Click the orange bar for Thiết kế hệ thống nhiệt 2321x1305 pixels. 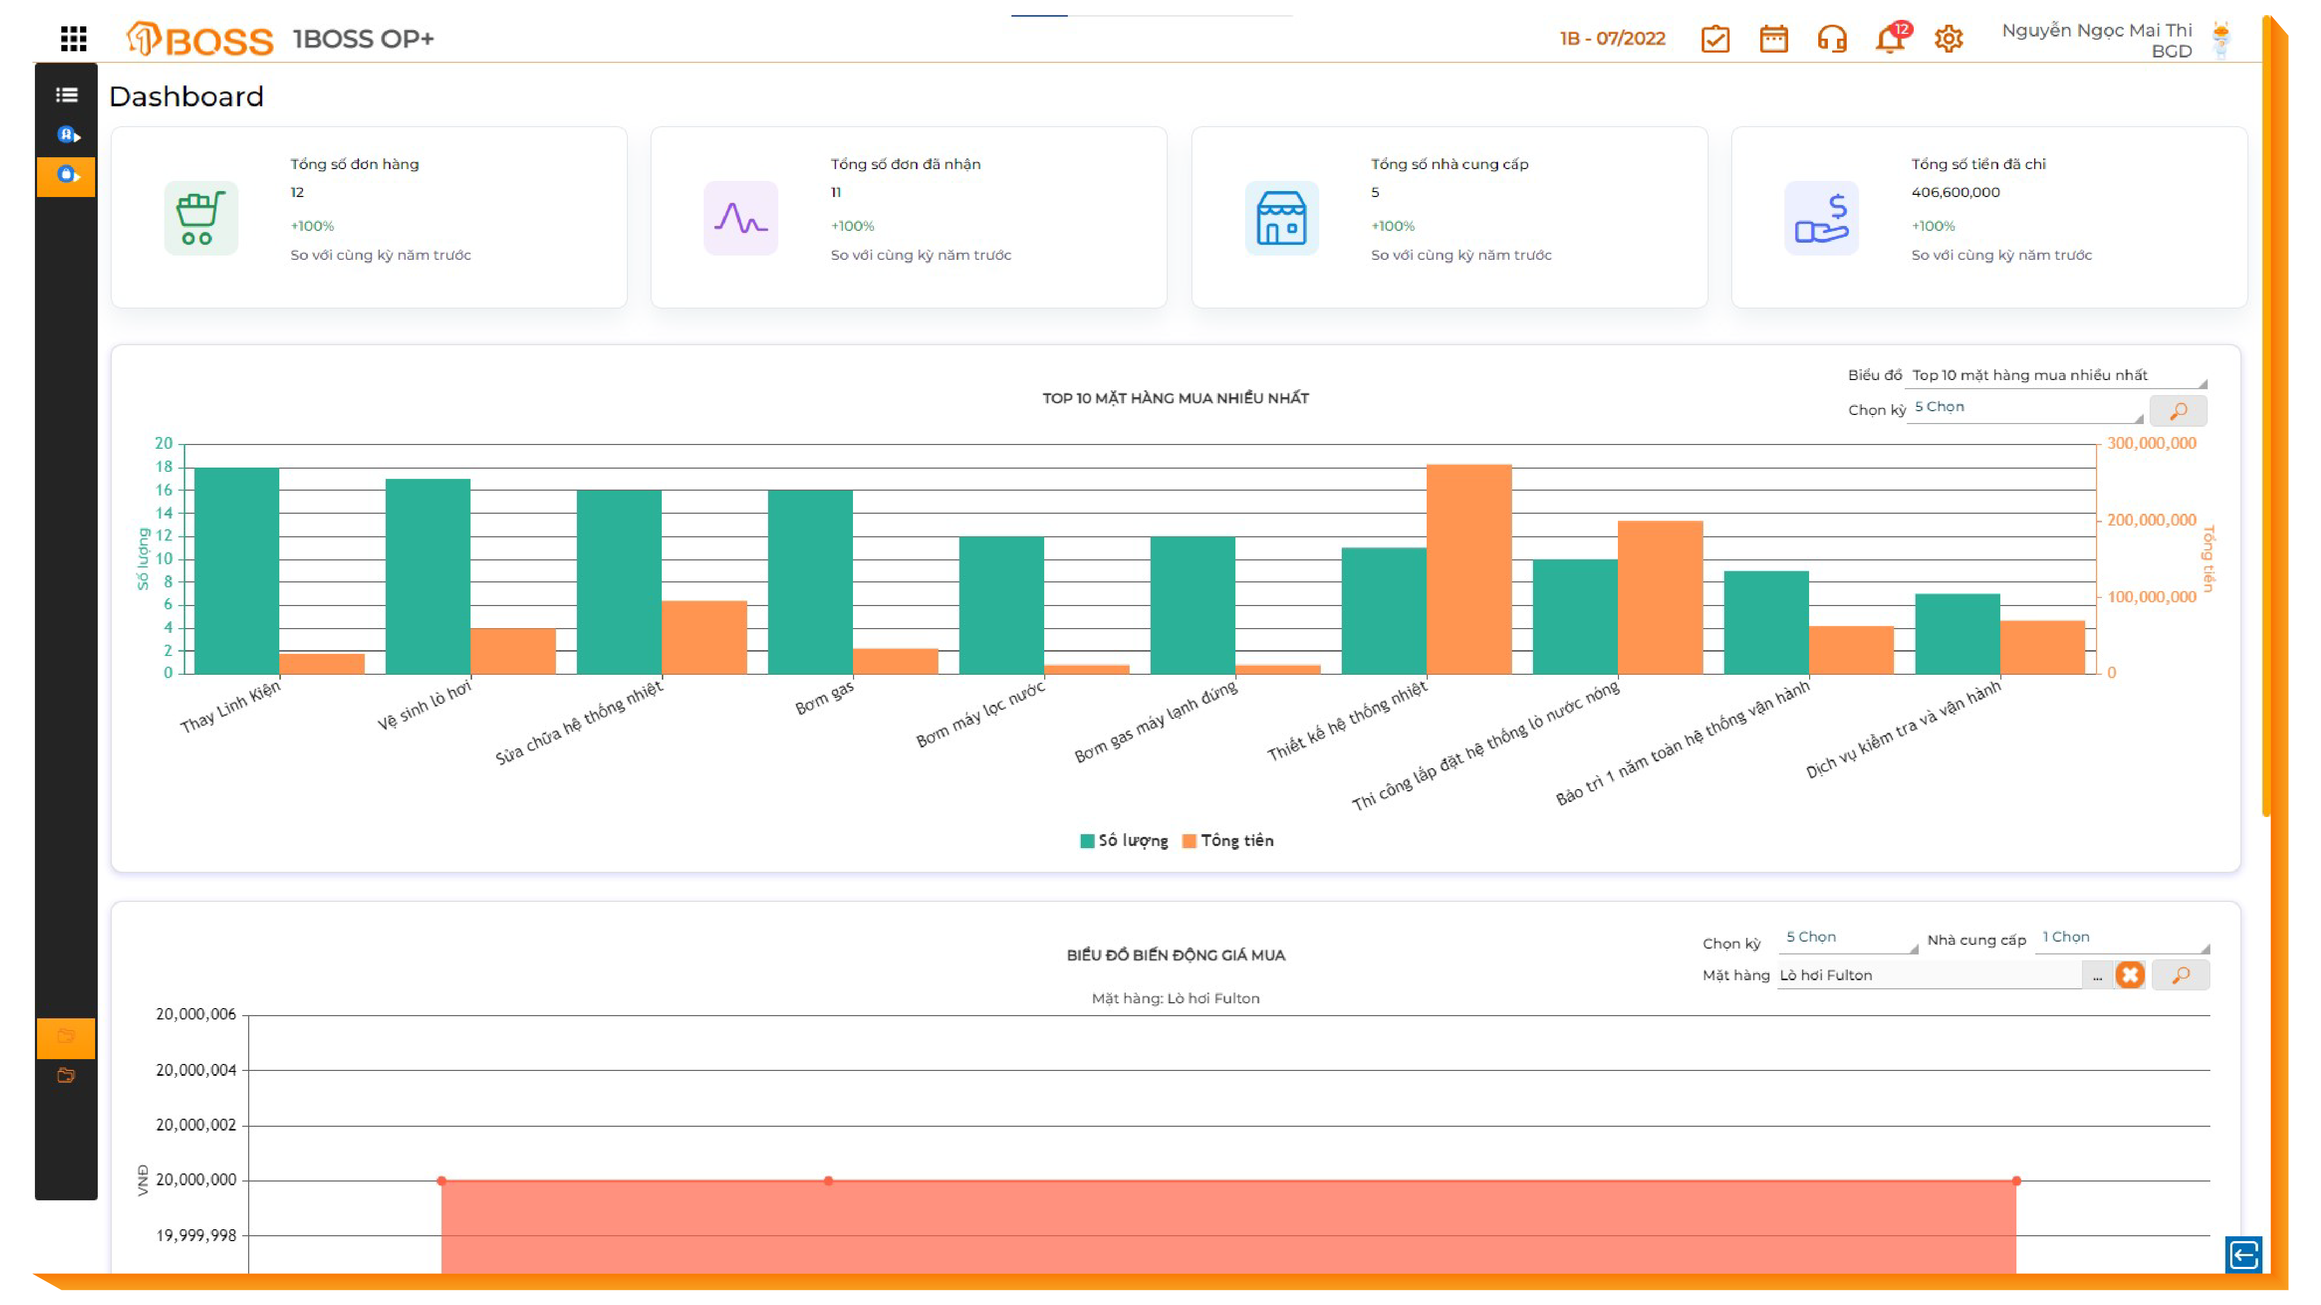tap(1469, 568)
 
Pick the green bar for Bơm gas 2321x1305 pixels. tap(810, 582)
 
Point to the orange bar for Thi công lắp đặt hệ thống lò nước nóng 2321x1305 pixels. tap(1660, 596)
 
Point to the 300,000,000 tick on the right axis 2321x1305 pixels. tap(2152, 443)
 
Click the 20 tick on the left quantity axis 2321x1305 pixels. tap(163, 443)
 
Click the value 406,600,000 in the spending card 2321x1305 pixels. tap(1955, 192)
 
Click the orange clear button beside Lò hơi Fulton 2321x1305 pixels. tap(2130, 974)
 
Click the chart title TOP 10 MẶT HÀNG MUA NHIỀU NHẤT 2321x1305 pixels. tap(1175, 398)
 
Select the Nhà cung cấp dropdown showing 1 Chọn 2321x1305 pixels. tap(2121, 937)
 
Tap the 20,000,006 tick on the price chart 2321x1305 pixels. tap(196, 1014)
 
